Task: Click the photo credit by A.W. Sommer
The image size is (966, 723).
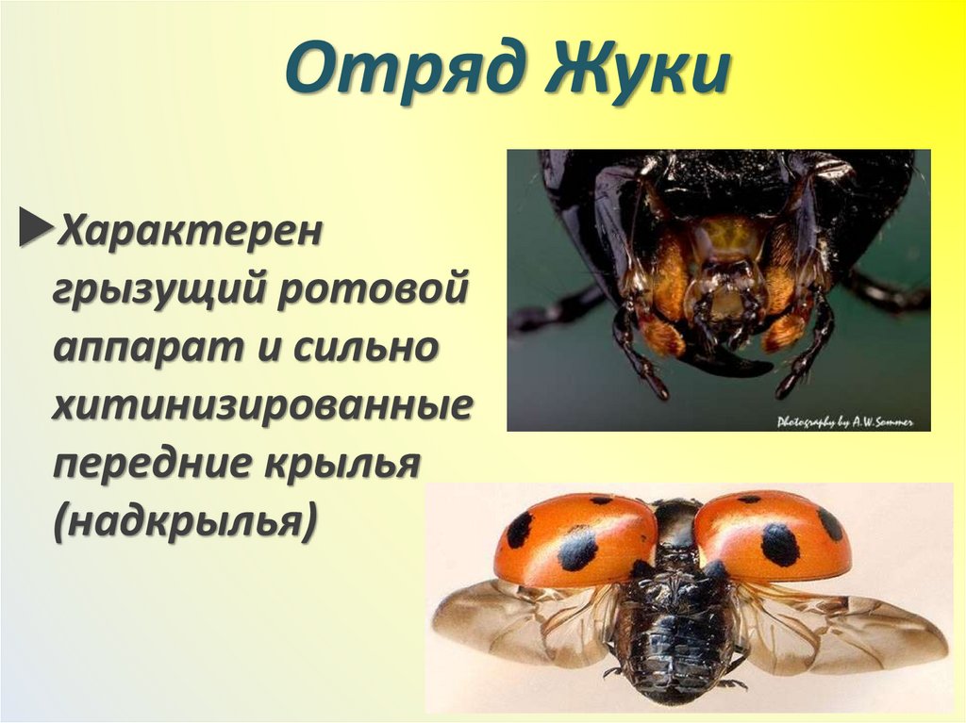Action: [844, 422]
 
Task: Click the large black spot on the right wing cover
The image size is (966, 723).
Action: [780, 544]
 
